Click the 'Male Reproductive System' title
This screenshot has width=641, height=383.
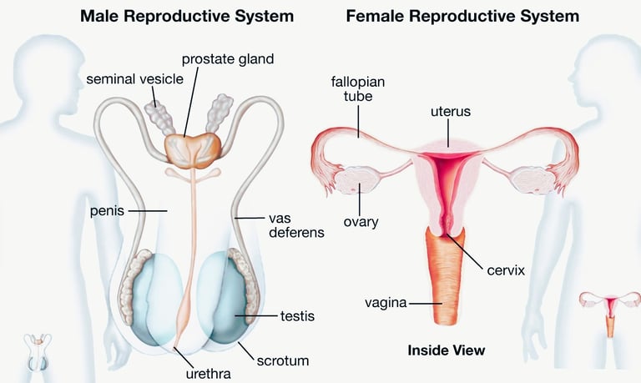[x=187, y=16]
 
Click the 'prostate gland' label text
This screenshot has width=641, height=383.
[x=228, y=59]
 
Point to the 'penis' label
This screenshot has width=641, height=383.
[x=107, y=210]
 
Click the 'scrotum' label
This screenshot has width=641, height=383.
[x=282, y=360]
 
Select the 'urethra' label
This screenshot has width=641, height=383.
[x=208, y=373]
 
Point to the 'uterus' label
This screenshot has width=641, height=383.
[x=451, y=111]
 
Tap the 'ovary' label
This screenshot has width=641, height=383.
[x=361, y=222]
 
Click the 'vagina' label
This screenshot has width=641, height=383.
[x=386, y=302]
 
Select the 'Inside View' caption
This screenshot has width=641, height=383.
[x=446, y=350]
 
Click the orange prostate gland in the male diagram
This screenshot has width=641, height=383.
[x=194, y=148]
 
